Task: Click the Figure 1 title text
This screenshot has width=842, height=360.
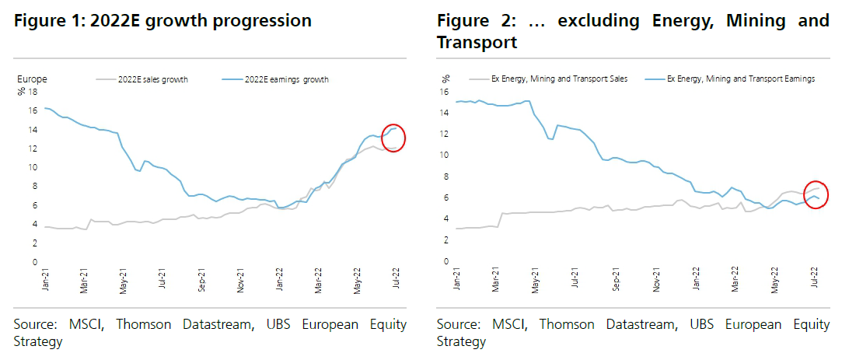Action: (162, 21)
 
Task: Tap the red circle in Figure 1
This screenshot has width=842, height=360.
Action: (394, 138)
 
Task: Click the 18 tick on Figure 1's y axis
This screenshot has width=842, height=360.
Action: (33, 92)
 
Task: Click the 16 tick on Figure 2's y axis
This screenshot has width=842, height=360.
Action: (445, 91)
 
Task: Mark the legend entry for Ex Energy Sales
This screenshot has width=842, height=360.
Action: (559, 79)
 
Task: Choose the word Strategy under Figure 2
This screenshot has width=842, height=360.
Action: (461, 341)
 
